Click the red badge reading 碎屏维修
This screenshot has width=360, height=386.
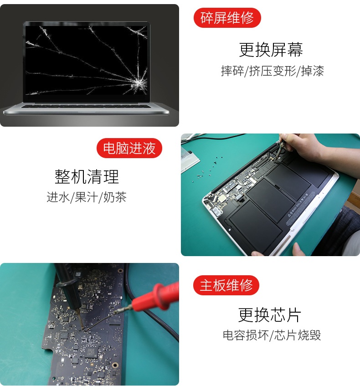pos(227,18)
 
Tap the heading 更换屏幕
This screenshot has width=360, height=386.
pos(271,50)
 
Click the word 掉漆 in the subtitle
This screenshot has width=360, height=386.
pos(312,71)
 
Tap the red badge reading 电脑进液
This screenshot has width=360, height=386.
pos(129,148)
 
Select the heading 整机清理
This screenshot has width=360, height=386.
pos(87,176)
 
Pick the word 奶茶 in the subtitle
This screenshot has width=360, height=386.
pos(115,197)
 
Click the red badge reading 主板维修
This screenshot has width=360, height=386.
pos(226,285)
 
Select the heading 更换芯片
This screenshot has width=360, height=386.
pos(270,315)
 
